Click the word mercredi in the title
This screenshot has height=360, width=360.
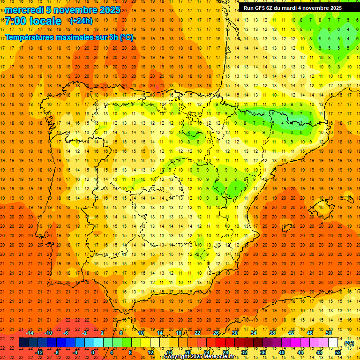(x=24, y=10)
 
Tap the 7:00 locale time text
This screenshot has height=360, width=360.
(x=33, y=21)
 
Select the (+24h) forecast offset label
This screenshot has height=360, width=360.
(x=81, y=21)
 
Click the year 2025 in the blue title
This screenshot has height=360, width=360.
(x=109, y=10)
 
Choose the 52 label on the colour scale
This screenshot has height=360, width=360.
(x=338, y=352)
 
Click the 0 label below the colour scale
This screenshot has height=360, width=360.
(x=93, y=352)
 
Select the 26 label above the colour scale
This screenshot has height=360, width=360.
(x=216, y=333)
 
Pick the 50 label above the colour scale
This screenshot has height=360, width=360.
(x=329, y=333)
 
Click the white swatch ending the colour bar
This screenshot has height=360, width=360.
(x=333, y=343)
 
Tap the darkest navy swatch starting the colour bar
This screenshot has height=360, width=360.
(x=23, y=343)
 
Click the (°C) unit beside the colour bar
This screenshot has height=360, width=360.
(x=349, y=343)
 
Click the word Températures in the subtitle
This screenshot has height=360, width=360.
(x=29, y=37)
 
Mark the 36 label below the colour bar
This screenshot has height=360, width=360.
(x=263, y=352)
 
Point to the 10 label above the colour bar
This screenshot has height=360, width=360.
(x=141, y=333)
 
